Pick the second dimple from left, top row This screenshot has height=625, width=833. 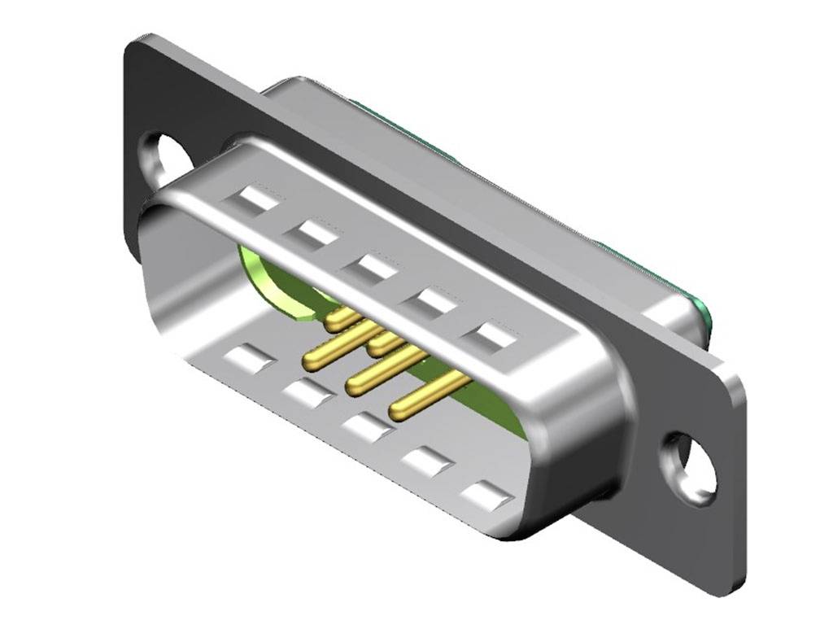[x=310, y=234]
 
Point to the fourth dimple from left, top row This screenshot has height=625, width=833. [x=431, y=301]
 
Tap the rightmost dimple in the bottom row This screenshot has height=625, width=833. [x=488, y=495]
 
